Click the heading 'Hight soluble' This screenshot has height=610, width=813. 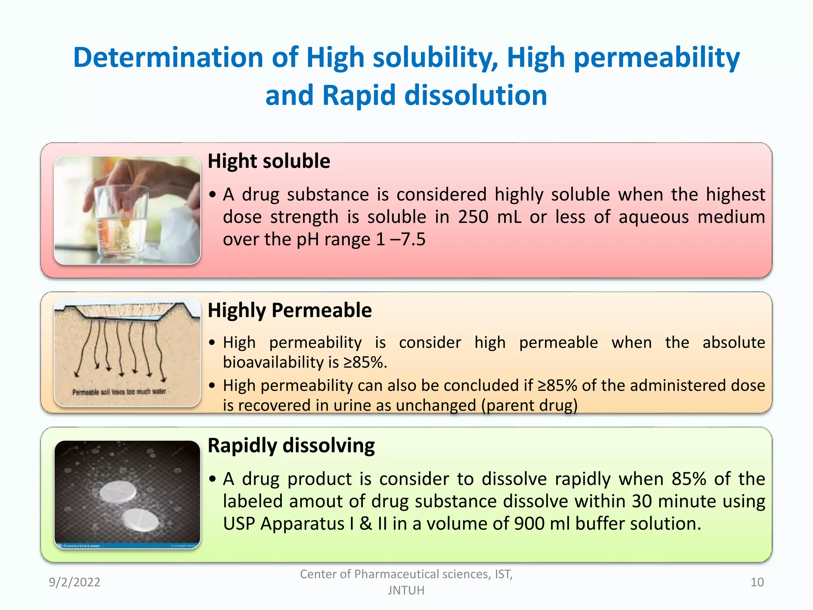pos(269,161)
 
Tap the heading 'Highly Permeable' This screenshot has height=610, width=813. pos(289,310)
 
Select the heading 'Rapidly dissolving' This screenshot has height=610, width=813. pos(291,446)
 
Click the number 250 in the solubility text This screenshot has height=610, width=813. pos(473,217)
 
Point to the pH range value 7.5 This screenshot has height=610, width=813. pos(413,239)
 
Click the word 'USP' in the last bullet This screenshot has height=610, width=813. pos(239,524)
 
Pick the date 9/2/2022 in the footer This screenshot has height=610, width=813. pos(75,582)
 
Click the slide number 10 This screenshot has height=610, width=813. pos(757,582)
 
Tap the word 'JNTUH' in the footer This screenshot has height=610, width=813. pos(406,591)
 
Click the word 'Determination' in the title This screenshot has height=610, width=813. pos(168,58)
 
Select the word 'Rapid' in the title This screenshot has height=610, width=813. pos(359,96)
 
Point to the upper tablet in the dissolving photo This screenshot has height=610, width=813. pos(118,492)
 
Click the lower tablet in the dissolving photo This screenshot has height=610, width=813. pos(140,520)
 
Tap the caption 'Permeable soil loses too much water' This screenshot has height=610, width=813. pos(119,392)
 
